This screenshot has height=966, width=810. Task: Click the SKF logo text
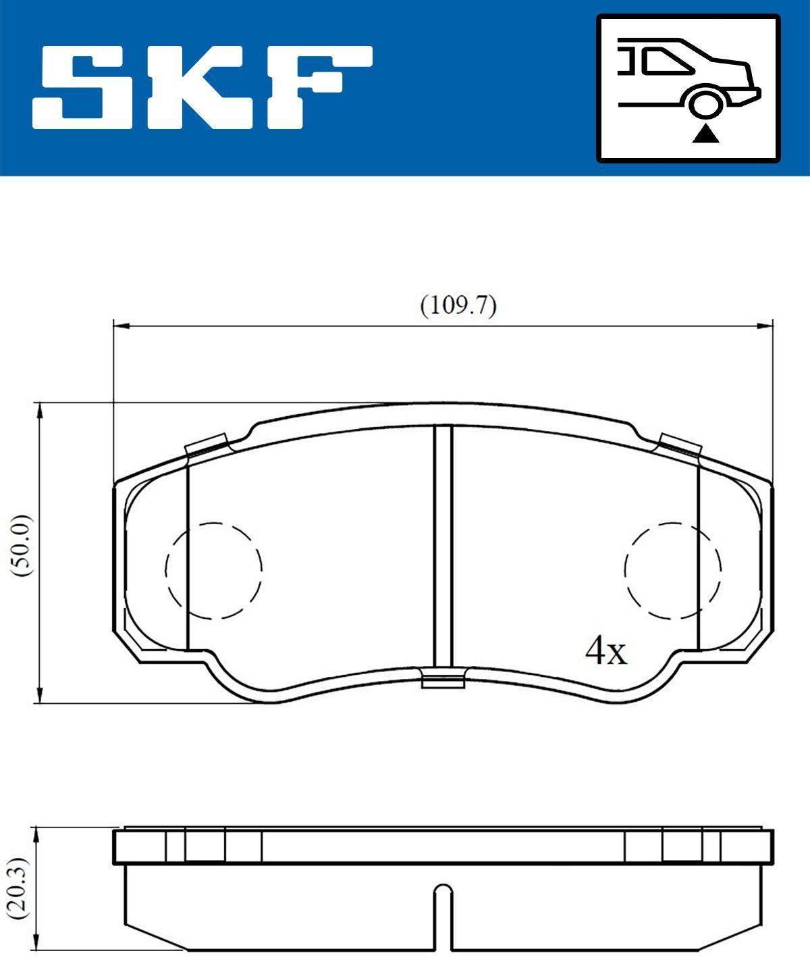coord(202,87)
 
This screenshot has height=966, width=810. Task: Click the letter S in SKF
coord(82,87)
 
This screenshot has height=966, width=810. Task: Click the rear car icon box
coord(688,88)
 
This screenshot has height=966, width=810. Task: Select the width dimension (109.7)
coord(458,306)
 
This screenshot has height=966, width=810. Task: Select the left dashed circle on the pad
coord(213,570)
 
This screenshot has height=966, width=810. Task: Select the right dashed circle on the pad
coord(672,570)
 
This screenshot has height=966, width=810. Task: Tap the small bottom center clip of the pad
coord(443,678)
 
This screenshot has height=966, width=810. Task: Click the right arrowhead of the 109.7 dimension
coord(765,326)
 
